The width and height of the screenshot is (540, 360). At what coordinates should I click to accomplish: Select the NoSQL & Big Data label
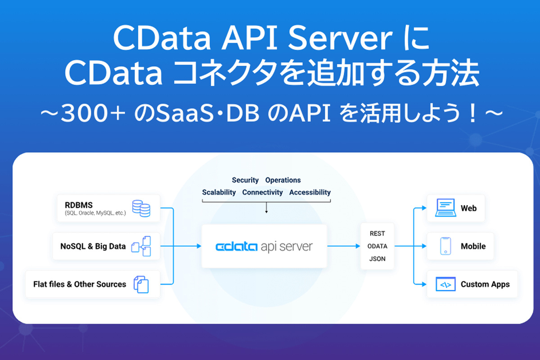tap(93, 247)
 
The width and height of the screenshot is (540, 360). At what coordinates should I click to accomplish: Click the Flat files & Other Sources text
tap(80, 284)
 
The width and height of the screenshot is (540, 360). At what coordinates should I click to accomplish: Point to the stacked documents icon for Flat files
tap(141, 284)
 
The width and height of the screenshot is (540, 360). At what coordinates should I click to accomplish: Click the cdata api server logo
tap(264, 247)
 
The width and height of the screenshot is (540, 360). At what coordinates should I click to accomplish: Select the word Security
tap(245, 180)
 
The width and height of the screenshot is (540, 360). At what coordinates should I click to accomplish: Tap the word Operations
tap(283, 180)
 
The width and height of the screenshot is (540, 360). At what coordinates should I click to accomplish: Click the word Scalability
tap(219, 192)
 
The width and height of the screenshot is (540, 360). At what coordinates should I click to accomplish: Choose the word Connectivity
tap(262, 192)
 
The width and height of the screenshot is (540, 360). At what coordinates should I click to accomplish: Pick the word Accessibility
tap(310, 192)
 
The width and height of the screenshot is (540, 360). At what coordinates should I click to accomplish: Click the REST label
tap(377, 234)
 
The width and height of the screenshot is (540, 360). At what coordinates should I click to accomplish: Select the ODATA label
tap(377, 246)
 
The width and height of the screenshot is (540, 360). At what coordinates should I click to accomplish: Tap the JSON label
tap(377, 259)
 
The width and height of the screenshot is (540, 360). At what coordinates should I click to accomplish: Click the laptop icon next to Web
tap(445, 208)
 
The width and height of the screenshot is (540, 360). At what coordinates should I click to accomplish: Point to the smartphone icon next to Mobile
tap(445, 246)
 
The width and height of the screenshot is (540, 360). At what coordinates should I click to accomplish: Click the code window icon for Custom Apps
tap(445, 284)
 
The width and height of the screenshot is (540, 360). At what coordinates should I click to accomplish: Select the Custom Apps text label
tap(485, 284)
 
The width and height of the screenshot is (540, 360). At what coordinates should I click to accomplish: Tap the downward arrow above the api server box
tap(266, 209)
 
